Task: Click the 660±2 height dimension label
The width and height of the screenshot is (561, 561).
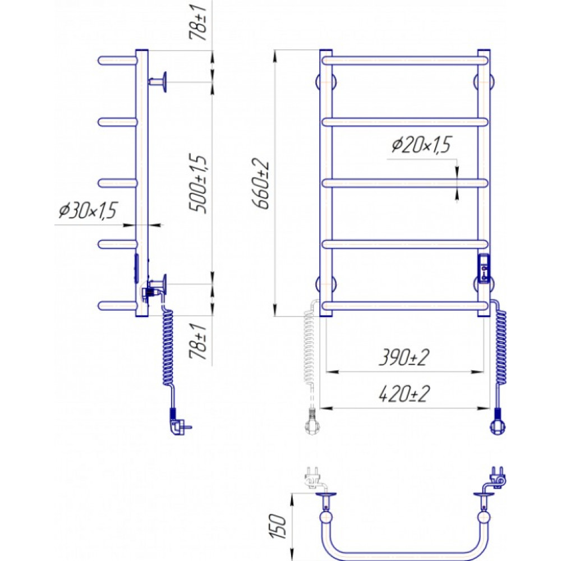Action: coord(260,183)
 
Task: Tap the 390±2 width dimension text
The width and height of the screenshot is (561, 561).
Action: coord(404,357)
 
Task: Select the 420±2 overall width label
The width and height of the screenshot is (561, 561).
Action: coord(404,394)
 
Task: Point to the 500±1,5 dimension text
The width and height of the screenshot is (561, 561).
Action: coord(198,184)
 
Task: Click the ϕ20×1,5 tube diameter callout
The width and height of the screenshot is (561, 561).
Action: coord(421,145)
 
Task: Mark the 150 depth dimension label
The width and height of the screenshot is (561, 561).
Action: coord(278,526)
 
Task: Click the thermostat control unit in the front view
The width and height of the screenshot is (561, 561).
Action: coord(484,269)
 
